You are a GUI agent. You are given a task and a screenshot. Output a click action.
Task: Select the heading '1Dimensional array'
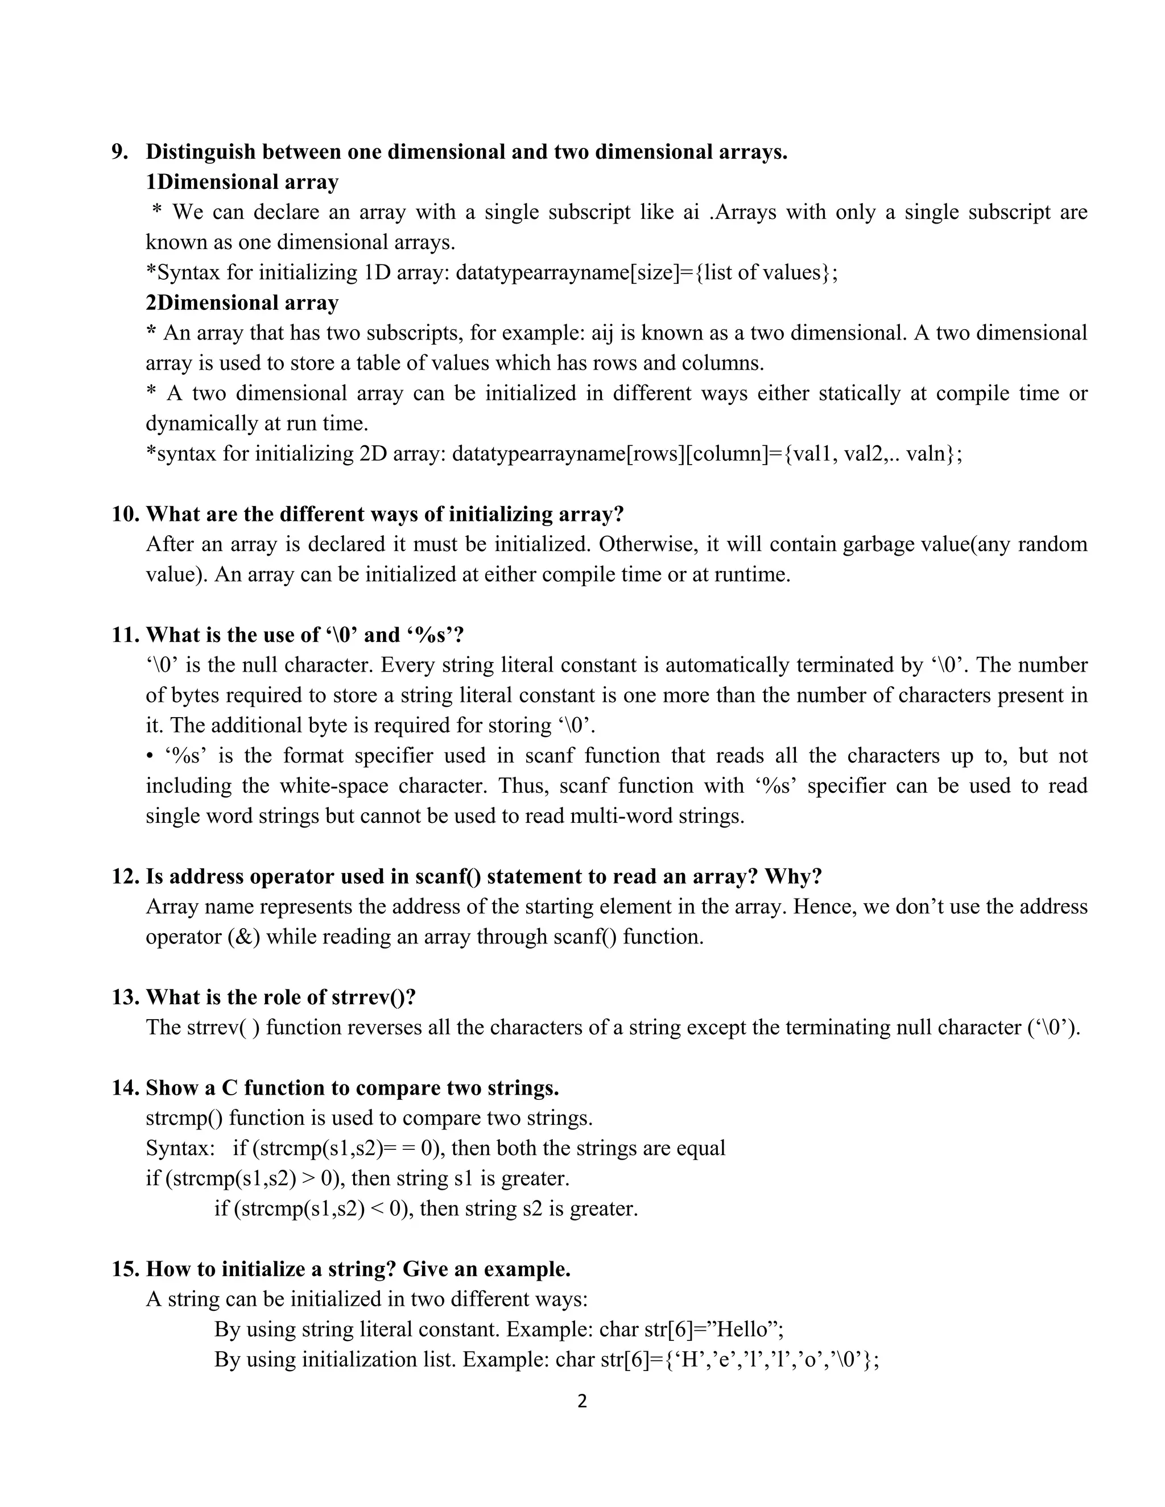tap(242, 182)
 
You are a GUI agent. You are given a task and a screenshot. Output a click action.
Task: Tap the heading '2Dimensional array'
tap(242, 303)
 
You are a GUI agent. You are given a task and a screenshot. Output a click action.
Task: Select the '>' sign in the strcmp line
tap(308, 1178)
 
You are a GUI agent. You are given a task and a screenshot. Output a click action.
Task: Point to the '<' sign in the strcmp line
tap(377, 1209)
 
